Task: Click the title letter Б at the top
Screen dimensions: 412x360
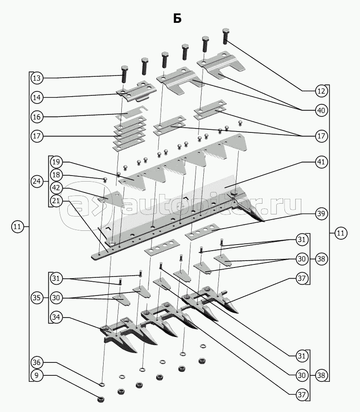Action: pos(177,18)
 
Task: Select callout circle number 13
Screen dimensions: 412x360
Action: pos(37,78)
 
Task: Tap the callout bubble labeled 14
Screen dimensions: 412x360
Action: pos(37,98)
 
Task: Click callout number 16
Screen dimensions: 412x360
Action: pos(37,116)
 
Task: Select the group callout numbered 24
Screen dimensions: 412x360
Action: pos(37,182)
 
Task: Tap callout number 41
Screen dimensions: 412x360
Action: pos(320,163)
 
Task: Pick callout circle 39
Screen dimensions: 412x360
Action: pos(320,214)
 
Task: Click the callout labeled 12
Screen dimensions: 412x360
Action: pos(320,91)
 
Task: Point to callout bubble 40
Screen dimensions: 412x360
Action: pos(320,110)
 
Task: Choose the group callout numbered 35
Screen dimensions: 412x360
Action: pos(37,298)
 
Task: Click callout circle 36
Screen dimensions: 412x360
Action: pos(37,362)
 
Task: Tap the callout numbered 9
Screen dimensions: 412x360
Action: pos(37,375)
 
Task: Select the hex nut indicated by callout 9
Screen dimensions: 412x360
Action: pos(101,399)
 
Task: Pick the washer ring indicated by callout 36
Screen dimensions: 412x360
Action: pos(102,384)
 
